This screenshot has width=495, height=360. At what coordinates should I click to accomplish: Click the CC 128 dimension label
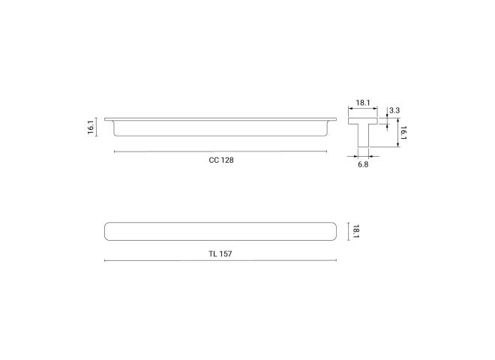pos(221,160)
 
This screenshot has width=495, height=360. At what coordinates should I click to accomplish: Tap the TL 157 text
pos(220,254)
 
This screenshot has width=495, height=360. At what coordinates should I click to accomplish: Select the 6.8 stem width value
pos(363,164)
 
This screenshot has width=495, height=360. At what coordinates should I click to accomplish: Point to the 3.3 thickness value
pos(394,110)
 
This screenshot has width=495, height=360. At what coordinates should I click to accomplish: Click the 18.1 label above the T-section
pos(363,103)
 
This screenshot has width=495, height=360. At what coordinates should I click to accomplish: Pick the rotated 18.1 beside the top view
pos(355,232)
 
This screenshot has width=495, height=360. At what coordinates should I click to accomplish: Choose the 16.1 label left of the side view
pos(91,127)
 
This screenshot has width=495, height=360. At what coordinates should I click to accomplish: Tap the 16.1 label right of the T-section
pos(403,133)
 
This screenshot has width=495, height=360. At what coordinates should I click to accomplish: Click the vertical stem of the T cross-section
pos(363,136)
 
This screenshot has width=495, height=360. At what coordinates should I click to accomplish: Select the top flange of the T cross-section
pos(363,121)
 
